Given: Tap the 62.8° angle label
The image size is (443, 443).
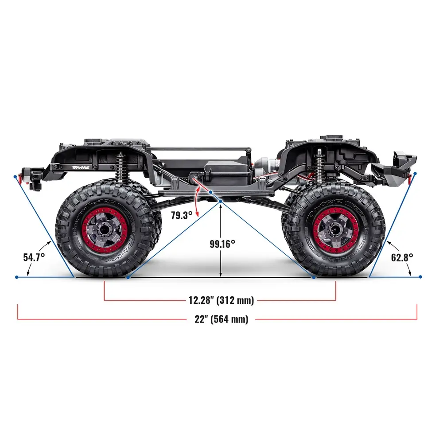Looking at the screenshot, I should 402,257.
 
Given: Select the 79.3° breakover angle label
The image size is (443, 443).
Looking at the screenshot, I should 182,215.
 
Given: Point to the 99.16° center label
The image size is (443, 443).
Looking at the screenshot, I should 222,243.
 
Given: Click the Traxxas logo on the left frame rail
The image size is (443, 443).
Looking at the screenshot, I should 81,167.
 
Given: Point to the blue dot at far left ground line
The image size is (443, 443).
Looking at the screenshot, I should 16,277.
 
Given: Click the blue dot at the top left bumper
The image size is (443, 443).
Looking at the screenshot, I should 16,176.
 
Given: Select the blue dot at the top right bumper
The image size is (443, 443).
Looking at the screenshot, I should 416,173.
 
